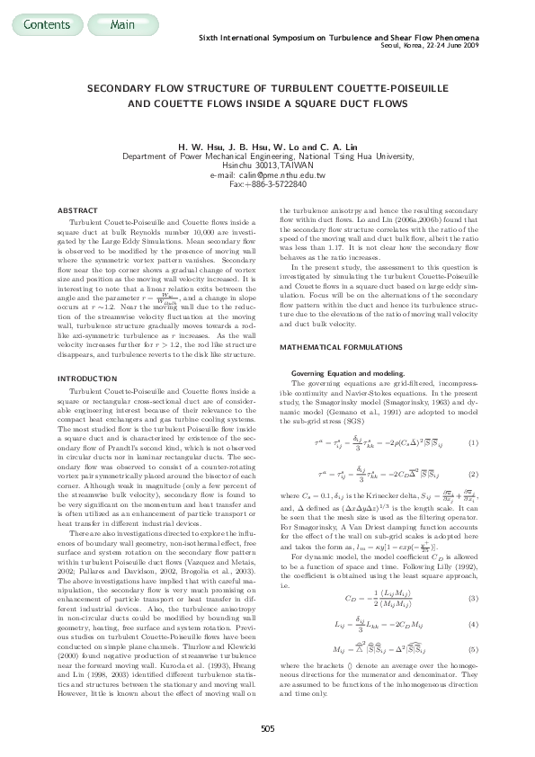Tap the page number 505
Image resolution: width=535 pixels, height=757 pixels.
[x=267, y=727]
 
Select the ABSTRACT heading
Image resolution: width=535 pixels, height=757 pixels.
[x=76, y=209]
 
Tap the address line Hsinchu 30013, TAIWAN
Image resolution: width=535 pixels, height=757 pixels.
[x=267, y=165]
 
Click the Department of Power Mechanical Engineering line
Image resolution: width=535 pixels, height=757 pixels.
[x=267, y=156]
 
